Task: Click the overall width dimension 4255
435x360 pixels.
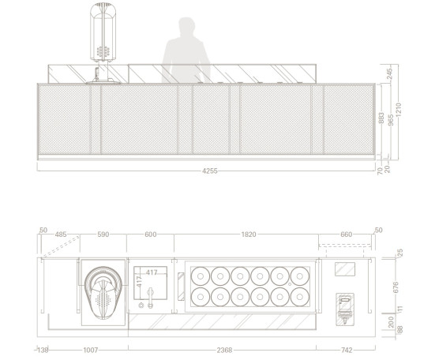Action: tap(210, 171)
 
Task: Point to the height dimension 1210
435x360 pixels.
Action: tap(399, 110)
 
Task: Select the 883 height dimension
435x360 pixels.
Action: tap(381, 118)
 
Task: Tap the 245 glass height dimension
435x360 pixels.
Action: tap(389, 73)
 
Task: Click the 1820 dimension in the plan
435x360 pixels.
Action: tap(249, 234)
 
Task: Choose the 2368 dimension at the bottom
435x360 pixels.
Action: tap(224, 350)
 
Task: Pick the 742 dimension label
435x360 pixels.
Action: tap(347, 350)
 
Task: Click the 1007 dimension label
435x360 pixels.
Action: tap(91, 350)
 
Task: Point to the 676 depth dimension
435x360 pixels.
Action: tap(396, 287)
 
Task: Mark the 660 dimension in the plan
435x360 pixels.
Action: tap(347, 234)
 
